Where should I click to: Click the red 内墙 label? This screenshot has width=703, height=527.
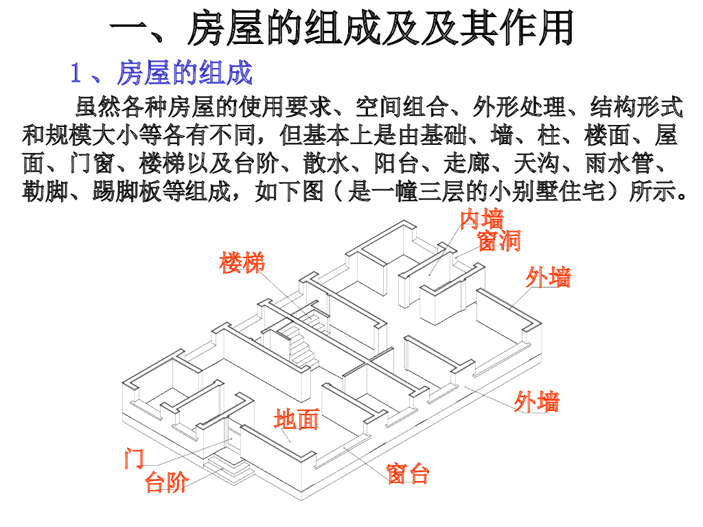[482, 220]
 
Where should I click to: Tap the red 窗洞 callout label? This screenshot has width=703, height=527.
[499, 241]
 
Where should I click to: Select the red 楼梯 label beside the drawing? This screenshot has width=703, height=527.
[242, 263]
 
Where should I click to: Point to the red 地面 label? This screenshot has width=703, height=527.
[296, 419]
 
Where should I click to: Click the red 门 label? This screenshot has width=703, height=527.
[134, 458]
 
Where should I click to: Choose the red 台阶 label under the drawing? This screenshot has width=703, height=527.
[166, 483]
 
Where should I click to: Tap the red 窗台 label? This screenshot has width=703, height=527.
[408, 473]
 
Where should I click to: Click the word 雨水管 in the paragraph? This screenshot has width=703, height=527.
[621, 163]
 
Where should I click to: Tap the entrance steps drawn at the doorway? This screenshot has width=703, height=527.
[228, 467]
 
